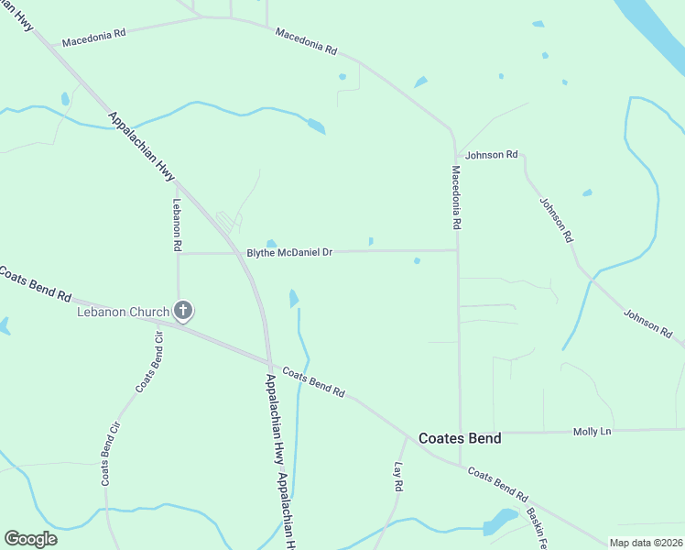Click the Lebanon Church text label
[x=123, y=312]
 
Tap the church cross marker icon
[x=183, y=311]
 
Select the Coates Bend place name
[x=460, y=438]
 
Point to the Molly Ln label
[x=591, y=431]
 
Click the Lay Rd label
[x=398, y=478]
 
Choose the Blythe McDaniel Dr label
[x=289, y=252]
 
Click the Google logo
[x=30, y=539]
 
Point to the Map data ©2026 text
[x=645, y=543]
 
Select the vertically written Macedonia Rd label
[x=455, y=196]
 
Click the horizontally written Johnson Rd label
[x=491, y=155]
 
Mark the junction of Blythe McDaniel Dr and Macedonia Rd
[x=457, y=249]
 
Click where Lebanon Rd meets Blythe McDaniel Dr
[x=178, y=254]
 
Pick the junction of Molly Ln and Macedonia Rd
[x=459, y=432]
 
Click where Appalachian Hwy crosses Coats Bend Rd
[x=268, y=360]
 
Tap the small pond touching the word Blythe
[x=271, y=243]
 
